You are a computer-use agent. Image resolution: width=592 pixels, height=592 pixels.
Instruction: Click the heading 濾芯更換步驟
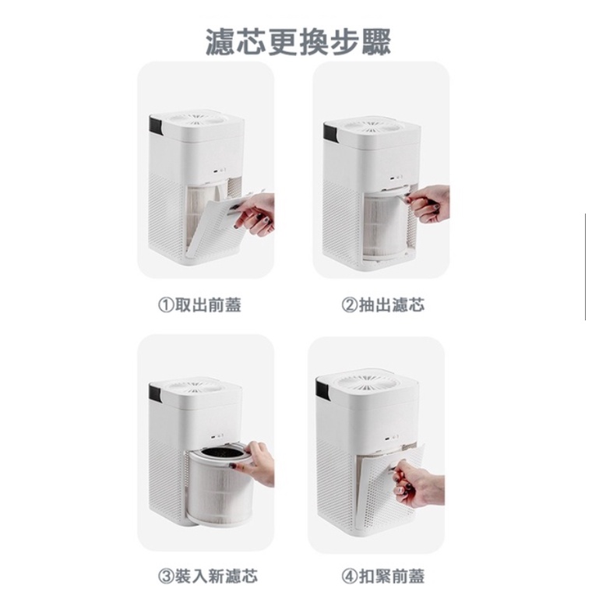click(298, 42)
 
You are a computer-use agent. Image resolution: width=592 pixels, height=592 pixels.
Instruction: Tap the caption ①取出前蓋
click(199, 305)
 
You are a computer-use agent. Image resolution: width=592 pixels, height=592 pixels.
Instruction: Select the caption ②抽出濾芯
click(382, 305)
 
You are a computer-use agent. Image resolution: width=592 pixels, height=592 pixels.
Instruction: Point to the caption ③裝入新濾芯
click(208, 576)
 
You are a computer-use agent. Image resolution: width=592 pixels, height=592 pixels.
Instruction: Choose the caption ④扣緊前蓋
click(382, 576)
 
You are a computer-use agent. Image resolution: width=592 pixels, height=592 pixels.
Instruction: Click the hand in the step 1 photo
click(255, 213)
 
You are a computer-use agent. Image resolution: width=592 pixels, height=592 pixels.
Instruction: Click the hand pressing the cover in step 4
click(418, 484)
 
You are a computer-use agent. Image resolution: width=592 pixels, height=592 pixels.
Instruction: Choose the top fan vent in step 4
click(367, 382)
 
